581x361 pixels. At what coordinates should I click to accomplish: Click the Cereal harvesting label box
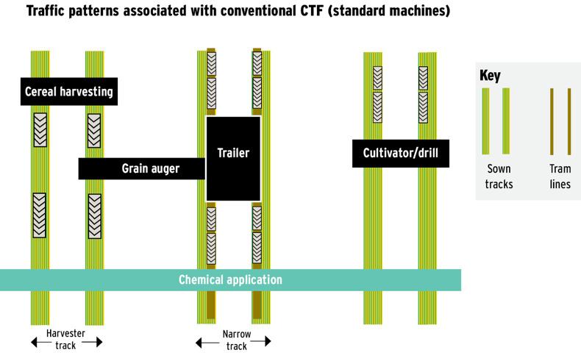tap(68, 92)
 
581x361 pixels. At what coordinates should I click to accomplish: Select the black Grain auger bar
tap(141, 169)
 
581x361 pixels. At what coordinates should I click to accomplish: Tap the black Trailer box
tap(233, 154)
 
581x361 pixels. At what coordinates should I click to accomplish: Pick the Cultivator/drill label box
tap(400, 154)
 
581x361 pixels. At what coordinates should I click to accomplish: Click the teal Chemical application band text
tap(230, 280)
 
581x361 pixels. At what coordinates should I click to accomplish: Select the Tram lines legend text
tap(560, 176)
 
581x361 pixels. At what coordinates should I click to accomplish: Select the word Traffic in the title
tap(49, 12)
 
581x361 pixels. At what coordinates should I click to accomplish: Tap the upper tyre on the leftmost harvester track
tap(40, 130)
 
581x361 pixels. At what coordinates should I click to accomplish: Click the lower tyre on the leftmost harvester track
tap(40, 215)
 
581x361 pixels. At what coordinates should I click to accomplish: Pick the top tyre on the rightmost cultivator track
tap(424, 77)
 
